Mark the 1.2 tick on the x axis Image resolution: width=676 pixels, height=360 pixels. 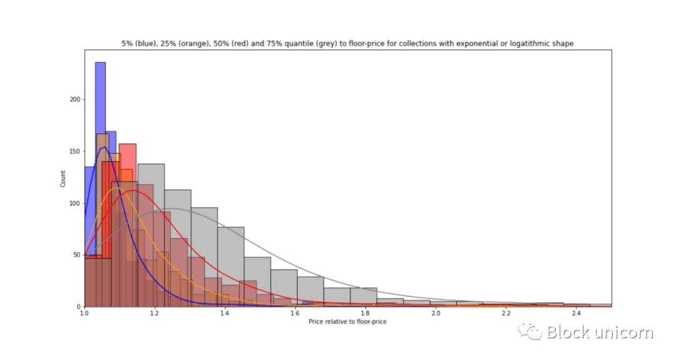click(x=154, y=313)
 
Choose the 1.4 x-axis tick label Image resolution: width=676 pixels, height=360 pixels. click(x=225, y=313)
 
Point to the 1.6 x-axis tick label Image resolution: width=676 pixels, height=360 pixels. click(x=295, y=313)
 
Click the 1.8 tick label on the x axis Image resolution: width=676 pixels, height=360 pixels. click(x=365, y=313)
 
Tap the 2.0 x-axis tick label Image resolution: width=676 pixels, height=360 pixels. click(x=436, y=313)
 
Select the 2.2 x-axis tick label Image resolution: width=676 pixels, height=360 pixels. click(x=506, y=313)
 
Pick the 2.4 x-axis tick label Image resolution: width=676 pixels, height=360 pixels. click(x=576, y=313)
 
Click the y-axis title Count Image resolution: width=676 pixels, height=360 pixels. click(x=63, y=178)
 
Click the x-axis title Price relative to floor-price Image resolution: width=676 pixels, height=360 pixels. click(x=347, y=321)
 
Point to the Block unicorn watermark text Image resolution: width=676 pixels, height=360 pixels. click(x=599, y=332)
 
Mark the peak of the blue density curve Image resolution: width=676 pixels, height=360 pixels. click(x=103, y=148)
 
